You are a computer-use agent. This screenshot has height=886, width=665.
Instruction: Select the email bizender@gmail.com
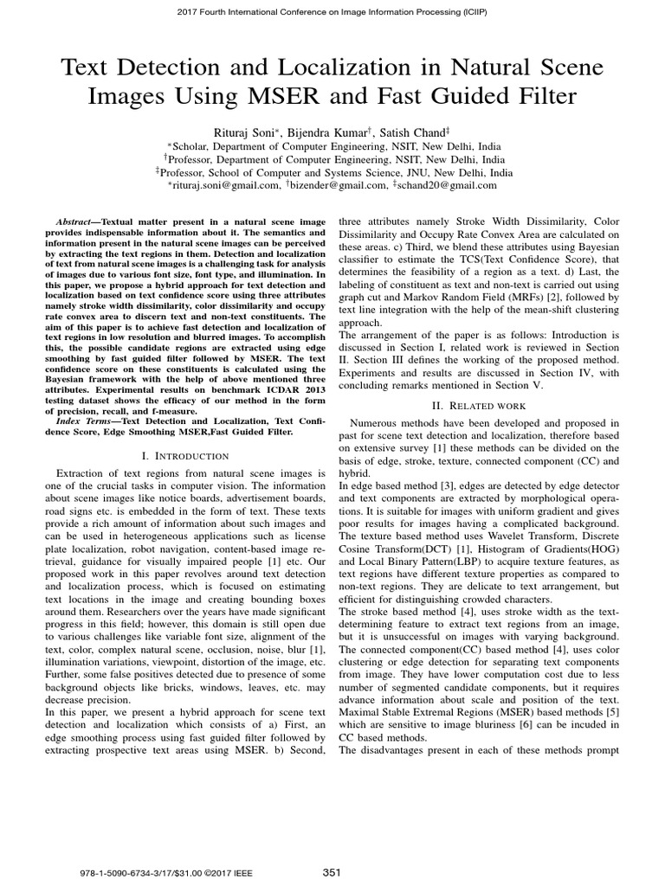[x=339, y=184]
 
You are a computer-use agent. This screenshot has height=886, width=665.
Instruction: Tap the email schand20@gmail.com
[x=449, y=184]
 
